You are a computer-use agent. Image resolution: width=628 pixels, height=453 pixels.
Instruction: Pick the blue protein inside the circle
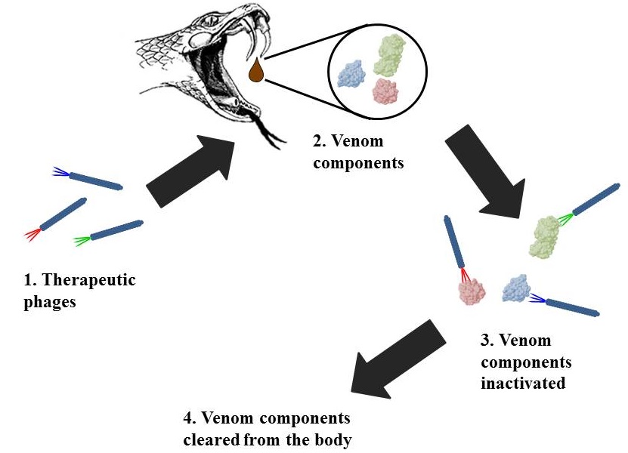click(x=351, y=74)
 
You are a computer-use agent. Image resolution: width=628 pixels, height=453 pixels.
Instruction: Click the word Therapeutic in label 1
click(x=90, y=281)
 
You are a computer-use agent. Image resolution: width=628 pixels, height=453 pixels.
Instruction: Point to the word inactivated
click(x=523, y=383)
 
